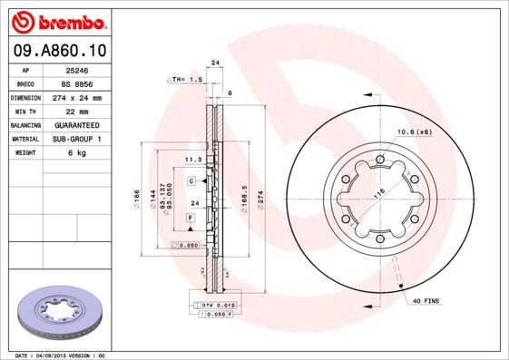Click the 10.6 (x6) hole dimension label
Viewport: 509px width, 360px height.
(x=412, y=133)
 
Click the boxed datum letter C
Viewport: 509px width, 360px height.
(x=191, y=181)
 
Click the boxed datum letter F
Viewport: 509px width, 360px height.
(x=191, y=219)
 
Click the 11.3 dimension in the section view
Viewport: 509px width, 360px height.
(x=192, y=159)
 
